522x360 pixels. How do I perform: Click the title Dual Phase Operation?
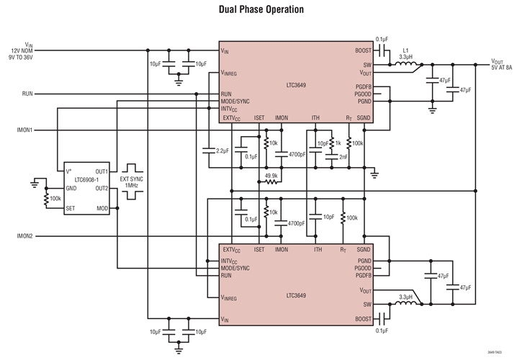point(261,10)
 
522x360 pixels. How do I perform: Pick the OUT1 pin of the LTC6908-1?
point(102,171)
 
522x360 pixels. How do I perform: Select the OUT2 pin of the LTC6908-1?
point(102,189)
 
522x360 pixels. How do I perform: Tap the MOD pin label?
point(103,208)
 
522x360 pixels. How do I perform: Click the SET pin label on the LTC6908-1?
point(71,208)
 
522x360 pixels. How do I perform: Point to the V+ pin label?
point(70,171)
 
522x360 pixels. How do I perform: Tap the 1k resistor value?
point(338,143)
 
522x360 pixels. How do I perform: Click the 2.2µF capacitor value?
point(222,150)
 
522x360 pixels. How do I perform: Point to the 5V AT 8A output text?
point(502,67)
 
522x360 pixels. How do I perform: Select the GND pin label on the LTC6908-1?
point(71,189)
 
